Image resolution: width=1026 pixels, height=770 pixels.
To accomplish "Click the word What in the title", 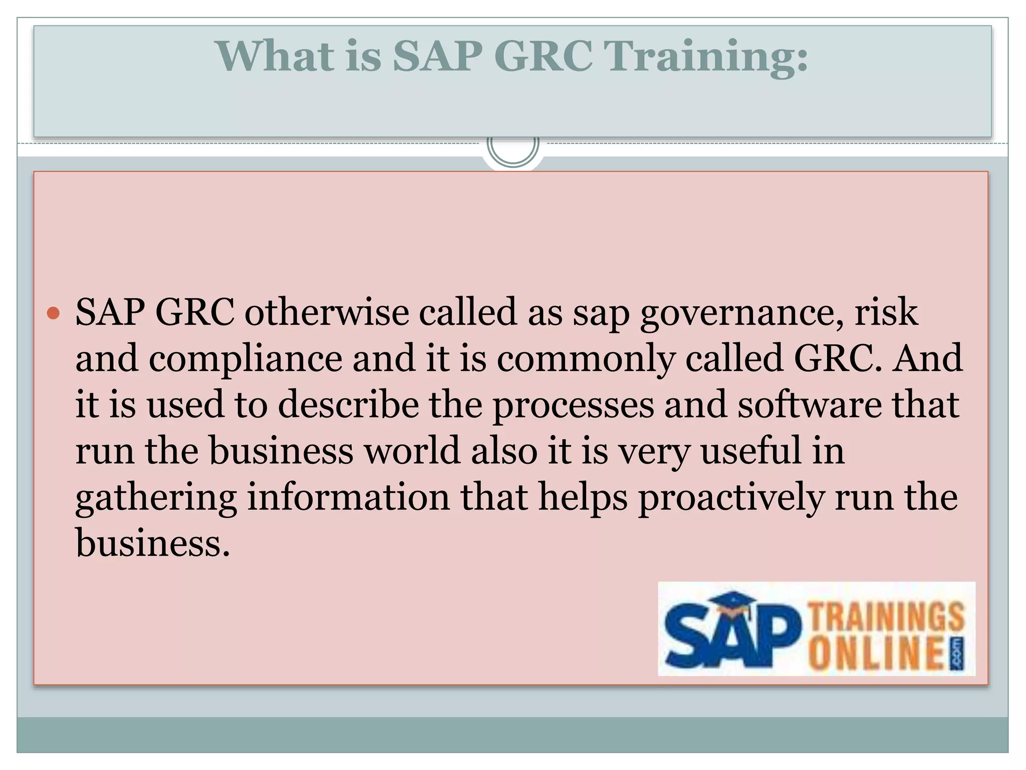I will point(275,56).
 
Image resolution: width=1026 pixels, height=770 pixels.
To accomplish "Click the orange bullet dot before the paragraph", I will point(53,314).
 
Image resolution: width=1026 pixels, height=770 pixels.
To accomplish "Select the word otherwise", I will point(327,312).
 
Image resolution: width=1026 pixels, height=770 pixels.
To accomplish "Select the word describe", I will point(349,404).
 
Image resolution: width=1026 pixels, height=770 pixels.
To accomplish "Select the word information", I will point(349,496).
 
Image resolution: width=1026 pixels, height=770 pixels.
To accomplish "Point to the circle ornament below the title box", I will point(513,147).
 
